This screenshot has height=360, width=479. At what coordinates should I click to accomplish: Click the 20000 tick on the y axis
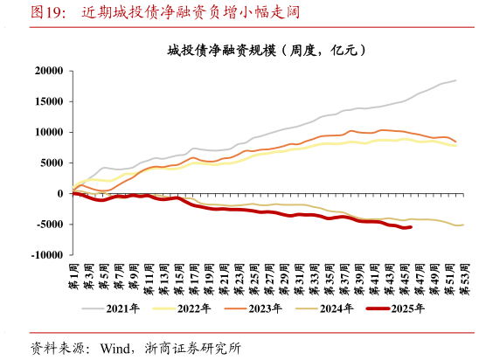[x=49, y=71]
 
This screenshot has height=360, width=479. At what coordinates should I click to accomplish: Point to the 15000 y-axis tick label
[x=49, y=101]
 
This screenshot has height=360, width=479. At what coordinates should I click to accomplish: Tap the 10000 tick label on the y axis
[x=49, y=132]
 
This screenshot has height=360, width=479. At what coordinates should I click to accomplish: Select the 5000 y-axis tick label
[x=52, y=163]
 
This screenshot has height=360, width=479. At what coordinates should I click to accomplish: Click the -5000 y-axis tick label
[x=50, y=225]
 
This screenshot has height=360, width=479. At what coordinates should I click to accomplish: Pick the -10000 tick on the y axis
[x=47, y=255]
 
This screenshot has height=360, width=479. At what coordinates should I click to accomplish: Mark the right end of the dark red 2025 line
[x=411, y=227]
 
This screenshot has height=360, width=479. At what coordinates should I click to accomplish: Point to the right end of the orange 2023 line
[x=455, y=142]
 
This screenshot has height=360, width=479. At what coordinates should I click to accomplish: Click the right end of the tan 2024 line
[x=463, y=225]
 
